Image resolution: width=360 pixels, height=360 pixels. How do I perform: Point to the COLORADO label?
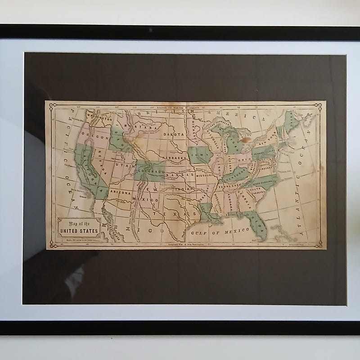[152, 171]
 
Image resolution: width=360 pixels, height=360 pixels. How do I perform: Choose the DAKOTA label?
[174, 134]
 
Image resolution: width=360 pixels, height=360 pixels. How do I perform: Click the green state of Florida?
[259, 224]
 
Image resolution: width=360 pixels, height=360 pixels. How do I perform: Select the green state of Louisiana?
[208, 211]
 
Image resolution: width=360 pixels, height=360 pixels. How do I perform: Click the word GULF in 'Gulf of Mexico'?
[198, 233]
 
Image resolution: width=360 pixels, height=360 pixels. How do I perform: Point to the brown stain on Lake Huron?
[246, 139]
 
